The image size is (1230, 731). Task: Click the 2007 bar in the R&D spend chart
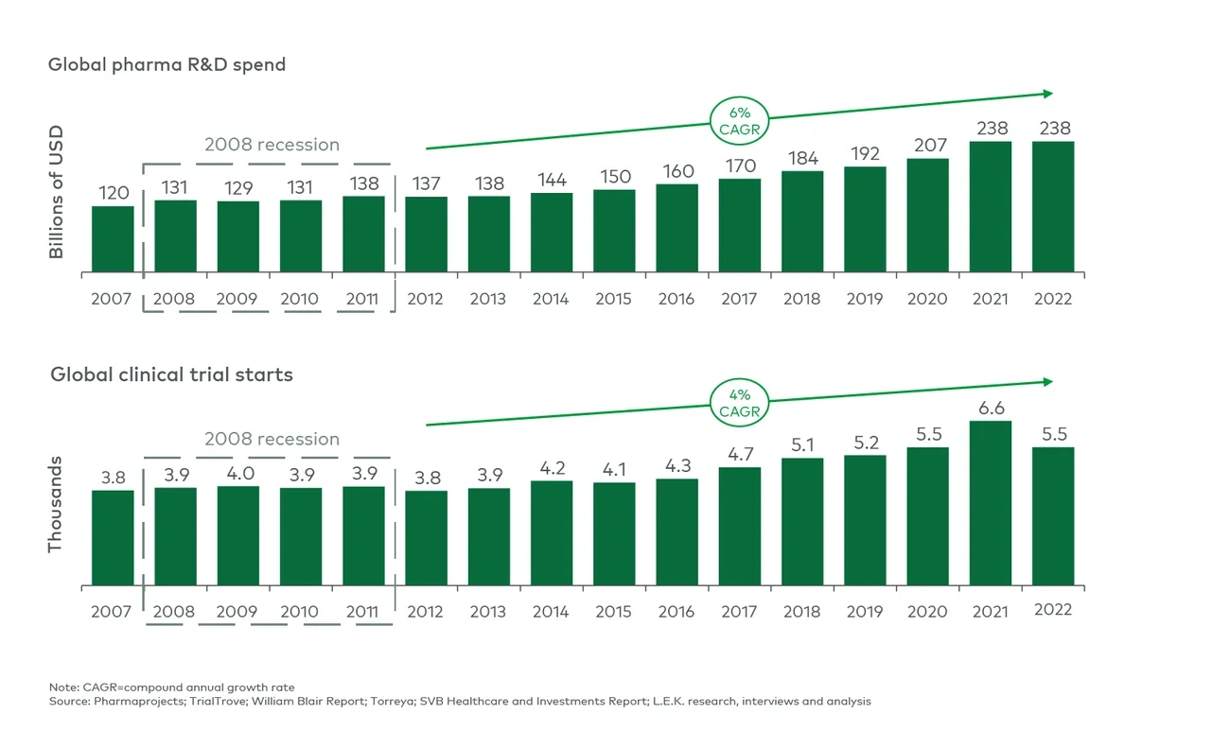(x=113, y=239)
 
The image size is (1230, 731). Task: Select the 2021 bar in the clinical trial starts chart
(x=991, y=503)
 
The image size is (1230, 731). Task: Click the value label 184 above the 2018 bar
(x=801, y=158)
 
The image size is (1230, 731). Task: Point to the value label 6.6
(x=991, y=409)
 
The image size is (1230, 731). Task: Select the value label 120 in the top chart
(x=113, y=193)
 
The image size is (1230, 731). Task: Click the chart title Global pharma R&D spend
(x=167, y=65)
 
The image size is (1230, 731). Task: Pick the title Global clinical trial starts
(x=171, y=374)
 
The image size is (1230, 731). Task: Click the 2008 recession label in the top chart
(x=272, y=145)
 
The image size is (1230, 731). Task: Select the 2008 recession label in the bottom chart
(x=272, y=439)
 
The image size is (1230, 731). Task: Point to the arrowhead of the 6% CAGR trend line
(x=1047, y=94)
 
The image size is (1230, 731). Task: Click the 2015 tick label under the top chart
(x=613, y=299)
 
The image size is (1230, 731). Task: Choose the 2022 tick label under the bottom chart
(x=1052, y=610)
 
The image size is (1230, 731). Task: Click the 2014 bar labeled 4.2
(x=551, y=532)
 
